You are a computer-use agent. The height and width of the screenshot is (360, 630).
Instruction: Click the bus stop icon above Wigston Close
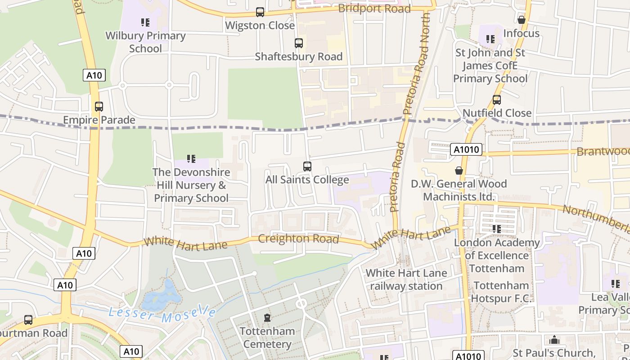[x=260, y=12]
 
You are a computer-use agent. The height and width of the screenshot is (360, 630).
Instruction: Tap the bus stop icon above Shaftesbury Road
[x=298, y=43]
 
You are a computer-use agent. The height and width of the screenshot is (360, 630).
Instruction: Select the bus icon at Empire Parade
[x=99, y=107]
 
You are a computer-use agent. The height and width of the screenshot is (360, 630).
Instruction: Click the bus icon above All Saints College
[x=307, y=166]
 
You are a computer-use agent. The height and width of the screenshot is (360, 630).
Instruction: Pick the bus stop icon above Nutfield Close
[x=497, y=99]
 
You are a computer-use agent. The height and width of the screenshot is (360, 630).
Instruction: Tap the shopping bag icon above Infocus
[x=522, y=20]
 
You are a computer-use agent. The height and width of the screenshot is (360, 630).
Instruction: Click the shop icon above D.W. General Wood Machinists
[x=459, y=171]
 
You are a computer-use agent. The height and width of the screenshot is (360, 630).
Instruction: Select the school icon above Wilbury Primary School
[x=145, y=22]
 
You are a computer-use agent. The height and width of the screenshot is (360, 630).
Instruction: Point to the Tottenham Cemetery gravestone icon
[x=267, y=318]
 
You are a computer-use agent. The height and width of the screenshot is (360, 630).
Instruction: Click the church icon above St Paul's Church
[x=554, y=339]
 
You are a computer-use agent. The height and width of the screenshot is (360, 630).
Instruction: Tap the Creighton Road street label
[x=299, y=238]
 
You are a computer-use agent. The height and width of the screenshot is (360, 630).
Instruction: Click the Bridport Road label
[x=374, y=9]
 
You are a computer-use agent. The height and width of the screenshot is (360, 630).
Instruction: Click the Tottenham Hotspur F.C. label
[x=501, y=292]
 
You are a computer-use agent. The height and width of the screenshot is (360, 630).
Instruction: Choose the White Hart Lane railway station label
[x=406, y=279]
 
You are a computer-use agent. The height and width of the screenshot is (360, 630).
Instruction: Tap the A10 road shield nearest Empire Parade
[x=94, y=75]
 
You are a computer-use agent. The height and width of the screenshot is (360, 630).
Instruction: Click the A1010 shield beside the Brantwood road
[x=466, y=149]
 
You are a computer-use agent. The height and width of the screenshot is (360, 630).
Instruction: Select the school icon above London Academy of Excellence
[x=497, y=229]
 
